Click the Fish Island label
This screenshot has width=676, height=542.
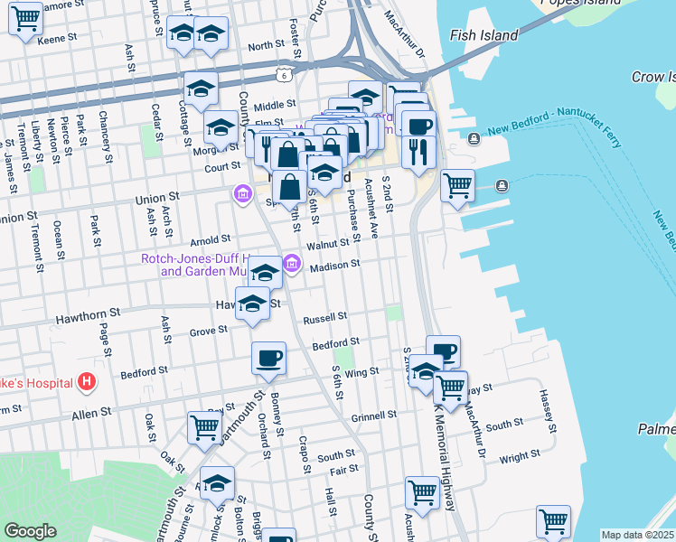tap(484, 35)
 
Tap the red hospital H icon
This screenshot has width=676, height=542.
tap(87, 383)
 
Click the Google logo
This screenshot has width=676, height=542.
tap(30, 531)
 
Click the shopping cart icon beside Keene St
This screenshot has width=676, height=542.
tap(26, 18)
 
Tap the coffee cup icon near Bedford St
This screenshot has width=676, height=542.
tap(268, 359)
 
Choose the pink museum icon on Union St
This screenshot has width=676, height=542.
tap(242, 194)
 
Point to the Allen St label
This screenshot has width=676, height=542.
tap(92, 411)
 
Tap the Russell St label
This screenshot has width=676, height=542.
tap(325, 318)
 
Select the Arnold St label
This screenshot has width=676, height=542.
tap(212, 241)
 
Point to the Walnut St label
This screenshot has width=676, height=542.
tap(327, 244)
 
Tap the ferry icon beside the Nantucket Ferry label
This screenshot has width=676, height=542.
tap(474, 138)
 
